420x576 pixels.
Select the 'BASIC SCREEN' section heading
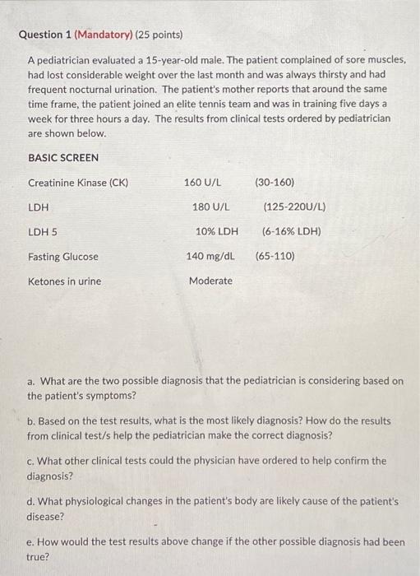point(63,157)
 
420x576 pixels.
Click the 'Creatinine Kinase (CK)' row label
point(78,182)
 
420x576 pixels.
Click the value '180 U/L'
point(210,207)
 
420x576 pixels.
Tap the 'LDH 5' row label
point(43,231)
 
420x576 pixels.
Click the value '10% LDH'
point(217,231)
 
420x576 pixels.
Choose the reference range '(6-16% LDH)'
point(291,231)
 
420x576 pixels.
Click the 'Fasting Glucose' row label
point(63,257)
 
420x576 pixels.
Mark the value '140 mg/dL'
point(210,256)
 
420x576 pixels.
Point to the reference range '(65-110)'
point(275,256)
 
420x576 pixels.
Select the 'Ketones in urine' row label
point(65,281)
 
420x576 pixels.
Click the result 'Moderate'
point(210,281)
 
